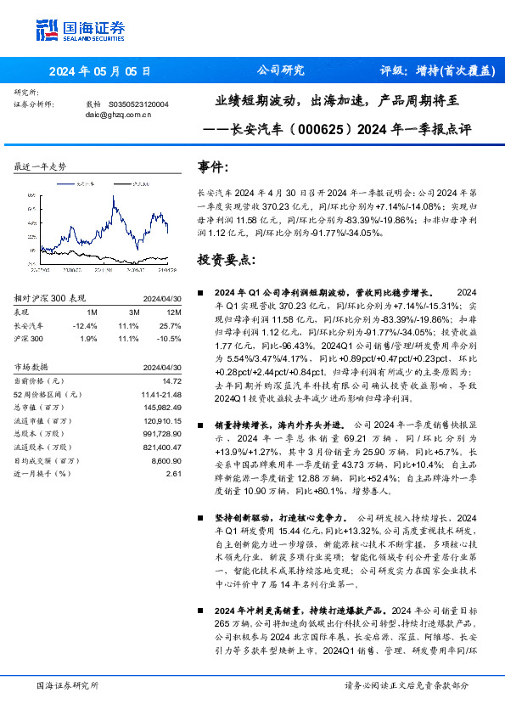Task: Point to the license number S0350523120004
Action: click(139, 104)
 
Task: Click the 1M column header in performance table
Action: click(92, 312)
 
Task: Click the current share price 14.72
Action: click(172, 383)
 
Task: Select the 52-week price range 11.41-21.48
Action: click(161, 396)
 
